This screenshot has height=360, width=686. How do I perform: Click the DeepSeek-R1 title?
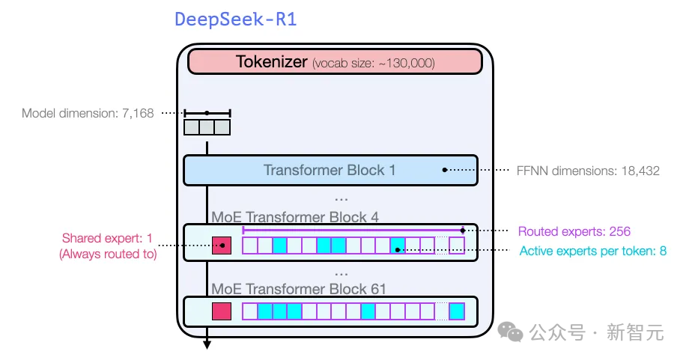coord(235,19)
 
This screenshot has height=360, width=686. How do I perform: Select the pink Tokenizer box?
coord(335,62)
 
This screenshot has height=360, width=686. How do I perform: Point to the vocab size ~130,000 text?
coord(373,64)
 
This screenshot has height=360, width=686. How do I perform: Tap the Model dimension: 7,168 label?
coord(88,114)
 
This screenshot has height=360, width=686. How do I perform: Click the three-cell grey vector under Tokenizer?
coord(207,127)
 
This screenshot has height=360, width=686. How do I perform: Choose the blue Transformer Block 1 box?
coord(330,170)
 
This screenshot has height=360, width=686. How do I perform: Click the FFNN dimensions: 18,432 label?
coord(588,171)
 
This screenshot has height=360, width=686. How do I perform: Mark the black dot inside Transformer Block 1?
coord(445,170)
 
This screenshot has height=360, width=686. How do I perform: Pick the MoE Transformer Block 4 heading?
coord(295,218)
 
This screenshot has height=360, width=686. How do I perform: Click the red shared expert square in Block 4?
coord(222,245)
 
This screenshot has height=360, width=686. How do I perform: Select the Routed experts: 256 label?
coord(574,231)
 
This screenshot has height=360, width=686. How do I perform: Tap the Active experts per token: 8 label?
coord(592,251)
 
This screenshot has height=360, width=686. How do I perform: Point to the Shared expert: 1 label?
coord(107,239)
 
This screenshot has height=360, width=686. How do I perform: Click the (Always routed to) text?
coord(107,254)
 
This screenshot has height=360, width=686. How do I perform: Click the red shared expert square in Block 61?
coord(222,311)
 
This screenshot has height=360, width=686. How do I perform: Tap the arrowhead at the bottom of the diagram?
coord(207,344)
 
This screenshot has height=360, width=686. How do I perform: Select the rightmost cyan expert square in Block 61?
coord(457,311)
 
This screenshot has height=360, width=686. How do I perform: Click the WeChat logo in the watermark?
coord(510,332)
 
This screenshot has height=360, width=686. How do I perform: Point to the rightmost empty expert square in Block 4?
coord(457,245)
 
